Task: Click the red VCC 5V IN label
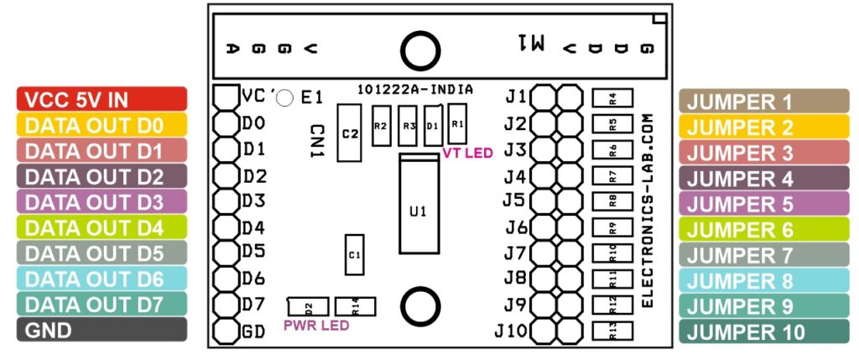pos(101,99)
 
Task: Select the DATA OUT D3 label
pos(101,202)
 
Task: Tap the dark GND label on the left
pos(101,330)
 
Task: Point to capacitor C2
pos(350,133)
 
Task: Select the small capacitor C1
pos(354,254)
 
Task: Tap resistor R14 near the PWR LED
pos(355,308)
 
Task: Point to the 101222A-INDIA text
pos(414,89)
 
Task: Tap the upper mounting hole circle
pos(418,51)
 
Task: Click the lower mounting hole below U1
pos(418,303)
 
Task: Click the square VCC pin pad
pos(226,95)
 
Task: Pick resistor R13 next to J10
pos(612,331)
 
